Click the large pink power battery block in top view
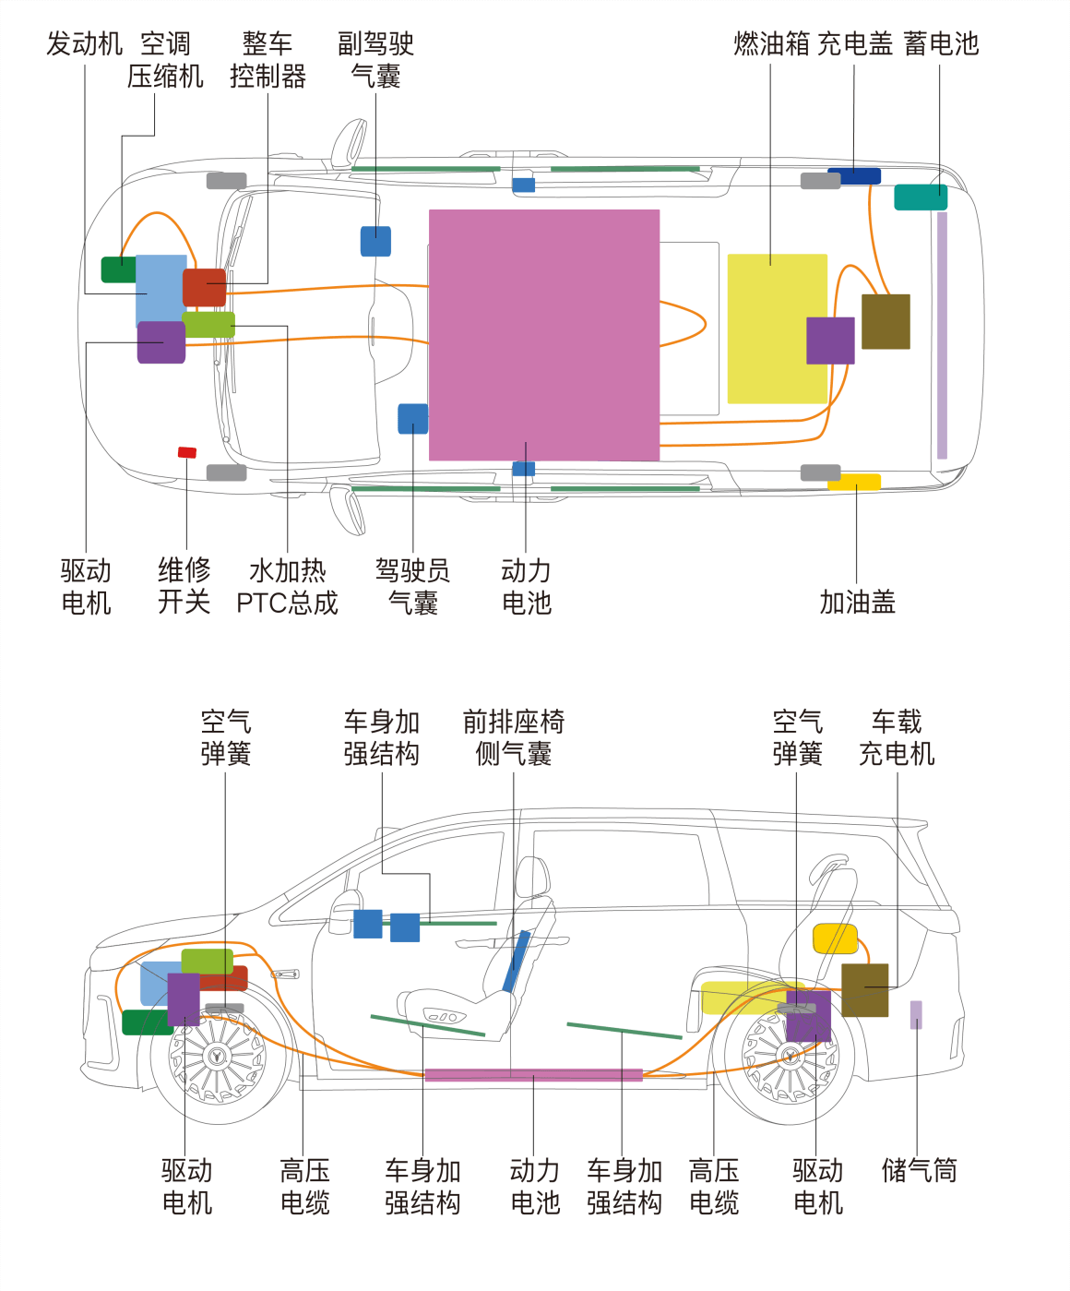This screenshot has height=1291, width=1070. (544, 334)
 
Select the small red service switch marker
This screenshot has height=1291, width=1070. (187, 452)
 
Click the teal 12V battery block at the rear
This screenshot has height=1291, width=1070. (920, 197)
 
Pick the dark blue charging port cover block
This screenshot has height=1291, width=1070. (854, 175)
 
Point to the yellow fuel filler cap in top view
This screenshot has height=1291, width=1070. (855, 482)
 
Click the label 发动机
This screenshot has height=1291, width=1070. (84, 43)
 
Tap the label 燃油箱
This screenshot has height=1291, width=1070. (771, 43)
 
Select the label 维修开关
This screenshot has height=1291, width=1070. (184, 586)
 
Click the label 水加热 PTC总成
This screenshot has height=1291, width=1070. (287, 586)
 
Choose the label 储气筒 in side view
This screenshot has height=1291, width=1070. (919, 1170)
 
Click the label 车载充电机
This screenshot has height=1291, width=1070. (897, 737)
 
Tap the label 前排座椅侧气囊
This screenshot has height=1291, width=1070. (514, 737)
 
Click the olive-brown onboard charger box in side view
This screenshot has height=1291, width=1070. (864, 989)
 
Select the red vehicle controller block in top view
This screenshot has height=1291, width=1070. (204, 287)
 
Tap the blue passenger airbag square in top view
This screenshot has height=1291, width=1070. (375, 241)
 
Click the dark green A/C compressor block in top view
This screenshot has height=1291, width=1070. (118, 269)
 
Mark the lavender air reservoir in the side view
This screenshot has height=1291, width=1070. (916, 1014)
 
